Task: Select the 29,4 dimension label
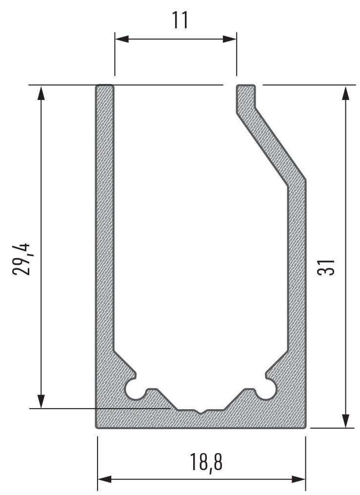pos(21,259)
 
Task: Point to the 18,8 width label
pos(206,462)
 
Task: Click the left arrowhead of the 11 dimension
pos(122,39)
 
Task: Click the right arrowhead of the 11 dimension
pos(230,39)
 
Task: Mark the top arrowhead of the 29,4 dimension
pos(41,93)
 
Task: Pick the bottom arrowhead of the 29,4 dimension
pos(41,401)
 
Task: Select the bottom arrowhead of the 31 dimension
pos(346,421)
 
